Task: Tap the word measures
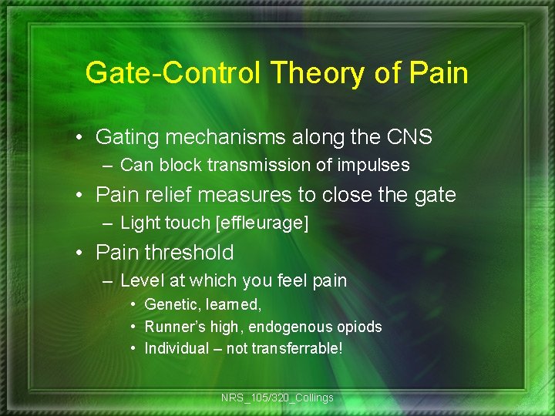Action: (x=244, y=195)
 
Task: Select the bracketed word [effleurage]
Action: (x=262, y=223)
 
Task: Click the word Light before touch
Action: (x=140, y=223)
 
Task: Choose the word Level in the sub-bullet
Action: (x=140, y=280)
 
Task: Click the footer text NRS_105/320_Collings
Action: (x=277, y=398)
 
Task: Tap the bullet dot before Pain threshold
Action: (x=81, y=253)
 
